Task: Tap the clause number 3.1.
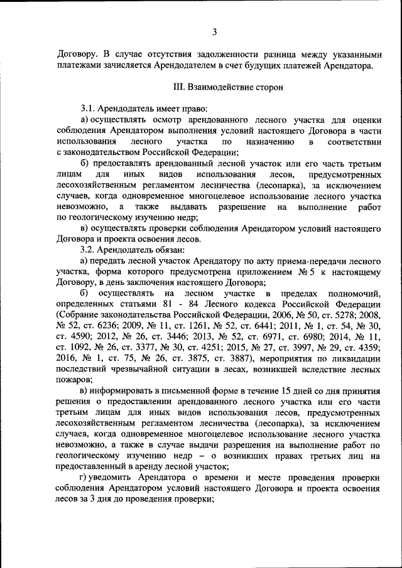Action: [x=89, y=108]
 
